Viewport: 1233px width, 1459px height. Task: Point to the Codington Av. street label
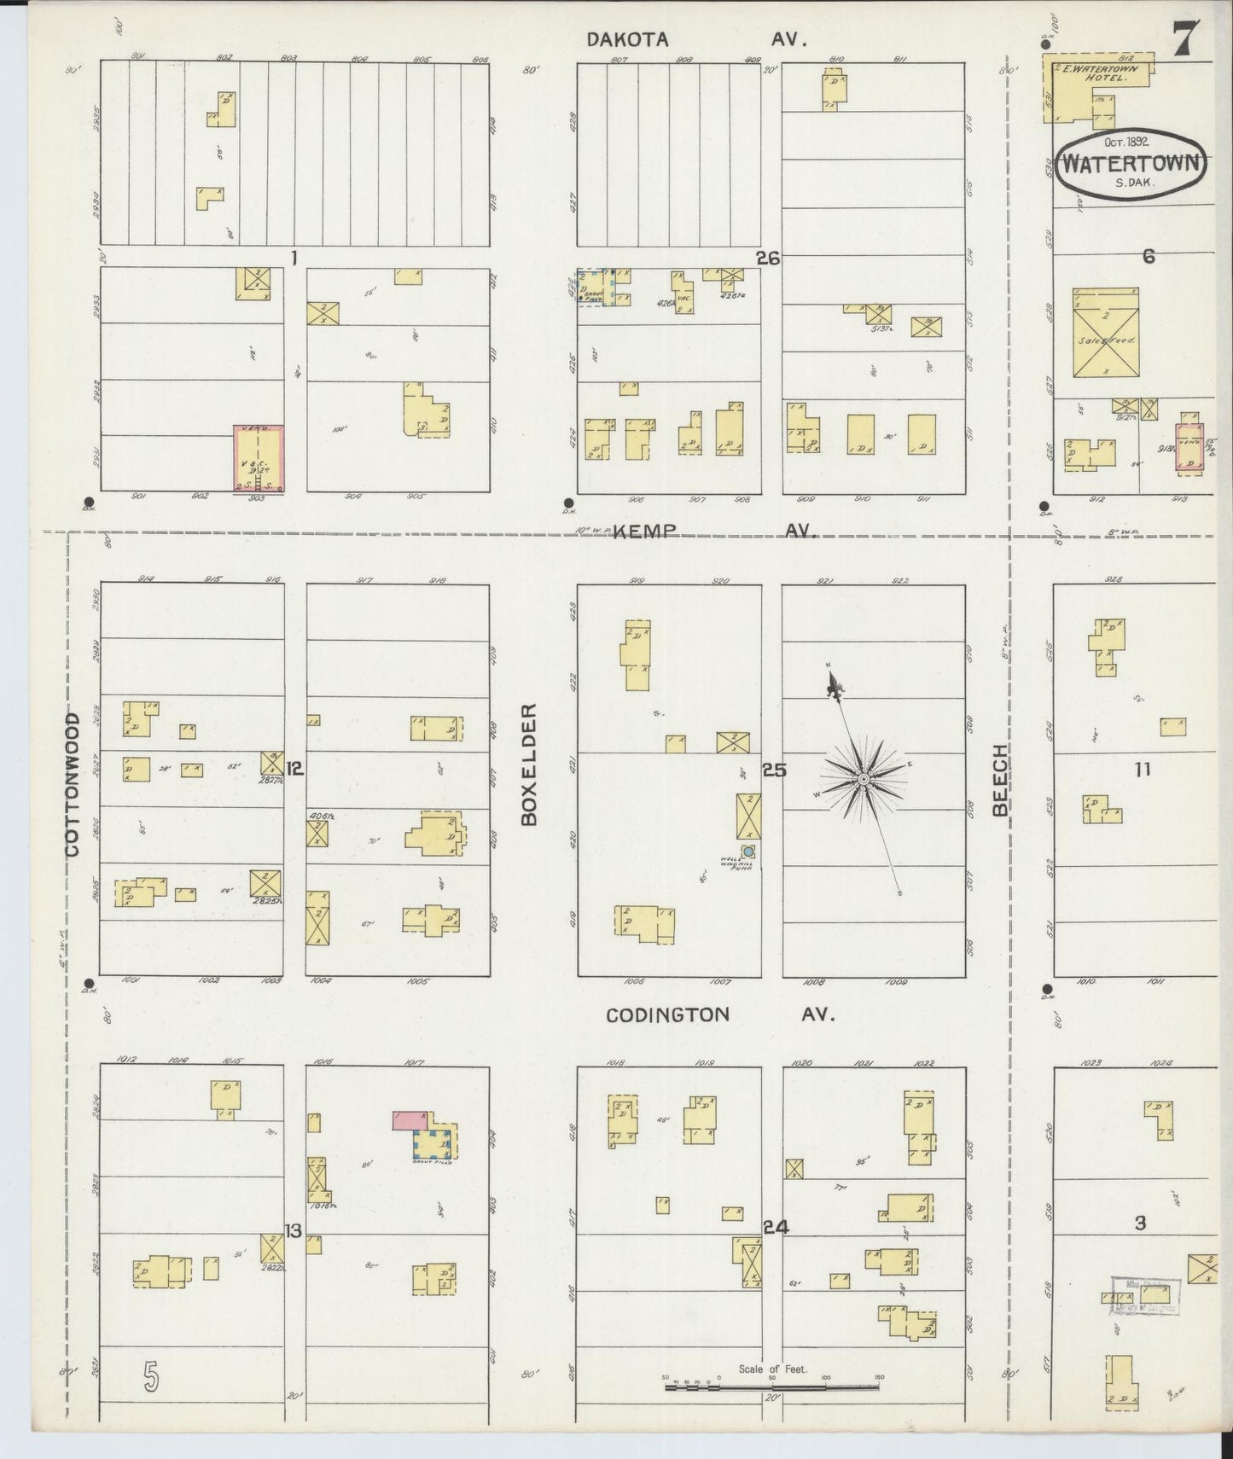pos(719,1014)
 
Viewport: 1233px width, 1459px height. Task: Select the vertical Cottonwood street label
pos(73,785)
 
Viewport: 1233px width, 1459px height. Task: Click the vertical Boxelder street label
pos(529,764)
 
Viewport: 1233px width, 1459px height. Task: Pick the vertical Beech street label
pos(1000,780)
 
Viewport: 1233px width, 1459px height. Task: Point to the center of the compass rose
pos(863,780)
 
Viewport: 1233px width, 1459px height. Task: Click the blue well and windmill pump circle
pos(748,851)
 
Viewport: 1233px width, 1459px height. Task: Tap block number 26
pos(768,258)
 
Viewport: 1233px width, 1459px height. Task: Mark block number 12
pos(295,769)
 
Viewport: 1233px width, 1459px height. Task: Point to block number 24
pos(776,1228)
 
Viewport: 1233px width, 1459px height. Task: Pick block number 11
pos(1142,770)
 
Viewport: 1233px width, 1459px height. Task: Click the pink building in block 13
pos(410,1120)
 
